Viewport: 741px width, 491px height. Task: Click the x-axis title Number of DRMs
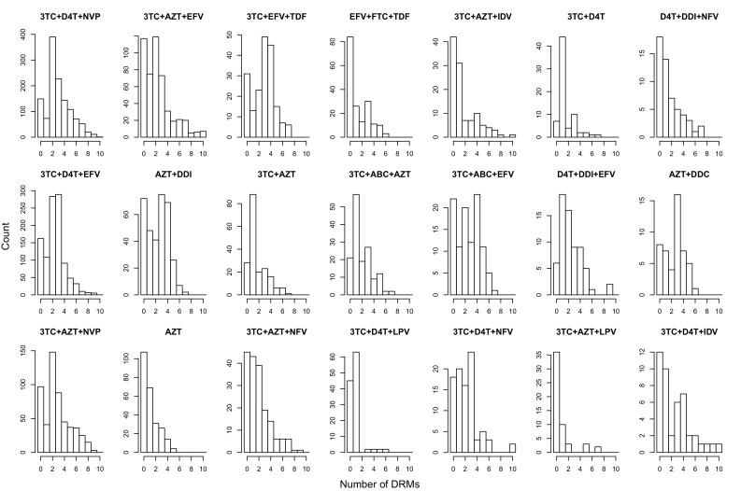[x=370, y=480]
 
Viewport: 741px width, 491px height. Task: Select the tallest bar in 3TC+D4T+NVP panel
[x=52, y=87]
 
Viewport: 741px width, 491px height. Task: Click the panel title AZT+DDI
[x=169, y=175]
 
